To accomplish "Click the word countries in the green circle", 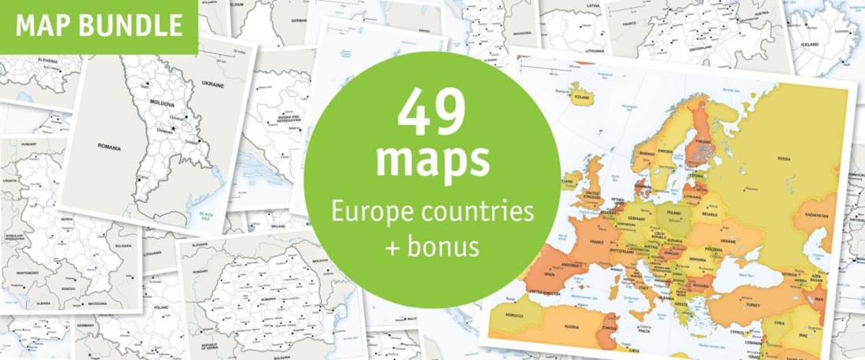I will [x=485, y=212].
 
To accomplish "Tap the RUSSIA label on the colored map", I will [x=784, y=158].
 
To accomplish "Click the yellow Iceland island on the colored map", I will [x=583, y=97].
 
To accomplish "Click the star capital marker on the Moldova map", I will [x=174, y=128].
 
